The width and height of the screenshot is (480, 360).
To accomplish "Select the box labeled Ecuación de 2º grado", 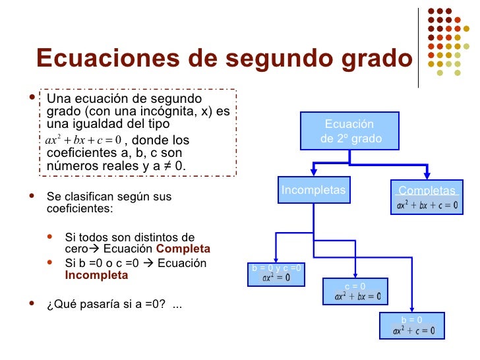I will coord(350,132).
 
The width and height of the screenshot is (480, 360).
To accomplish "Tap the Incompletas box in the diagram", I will coord(314,191).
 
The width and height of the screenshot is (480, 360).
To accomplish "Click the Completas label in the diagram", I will coord(427,191).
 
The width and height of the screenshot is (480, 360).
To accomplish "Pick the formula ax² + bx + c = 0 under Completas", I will coord(427,205).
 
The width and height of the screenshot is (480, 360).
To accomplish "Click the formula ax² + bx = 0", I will coord(356,297).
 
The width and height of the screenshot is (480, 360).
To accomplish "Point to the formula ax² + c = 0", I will coord(413,330).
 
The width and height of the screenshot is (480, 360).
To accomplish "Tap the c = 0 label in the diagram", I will coord(355,286).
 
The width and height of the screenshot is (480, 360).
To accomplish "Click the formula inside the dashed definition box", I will coord(82,140).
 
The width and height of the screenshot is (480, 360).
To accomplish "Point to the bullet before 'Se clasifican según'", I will coord(34,196).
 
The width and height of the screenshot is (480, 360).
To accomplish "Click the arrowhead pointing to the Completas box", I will coord(427,176).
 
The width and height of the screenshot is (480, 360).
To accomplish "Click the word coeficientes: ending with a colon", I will coord(80,209).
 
